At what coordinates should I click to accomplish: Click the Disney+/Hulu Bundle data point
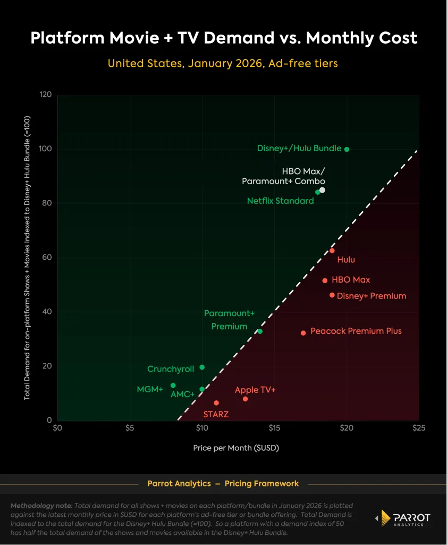[347, 150]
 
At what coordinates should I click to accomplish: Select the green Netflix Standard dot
[317, 192]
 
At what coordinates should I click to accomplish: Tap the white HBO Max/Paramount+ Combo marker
[322, 190]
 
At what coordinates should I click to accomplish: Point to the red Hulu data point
[332, 251]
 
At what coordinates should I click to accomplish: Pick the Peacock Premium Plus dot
[303, 333]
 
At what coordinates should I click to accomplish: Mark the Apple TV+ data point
[245, 399]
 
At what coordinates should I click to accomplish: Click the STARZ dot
[216, 403]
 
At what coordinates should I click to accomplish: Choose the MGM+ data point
[173, 385]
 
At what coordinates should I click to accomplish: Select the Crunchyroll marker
[202, 367]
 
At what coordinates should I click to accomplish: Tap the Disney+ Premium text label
[372, 296]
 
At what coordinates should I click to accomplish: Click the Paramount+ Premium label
[229, 320]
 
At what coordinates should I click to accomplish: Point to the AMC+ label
[182, 395]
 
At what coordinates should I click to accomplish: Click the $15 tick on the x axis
[274, 428]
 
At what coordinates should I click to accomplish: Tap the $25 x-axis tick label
[419, 428]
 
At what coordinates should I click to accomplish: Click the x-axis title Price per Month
[236, 448]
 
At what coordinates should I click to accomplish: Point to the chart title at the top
[223, 38]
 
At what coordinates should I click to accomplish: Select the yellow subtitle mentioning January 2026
[223, 63]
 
